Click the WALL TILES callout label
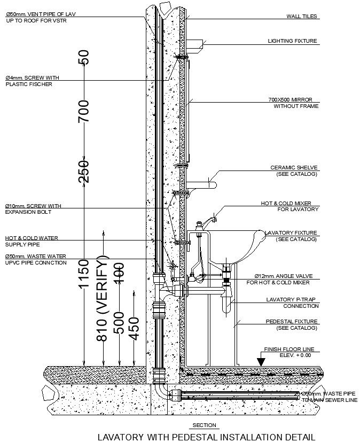pyautogui.click(x=302, y=17)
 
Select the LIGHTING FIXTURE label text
pyautogui.click(x=292, y=41)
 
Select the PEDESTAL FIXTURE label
pyautogui.click(x=292, y=324)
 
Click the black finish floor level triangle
pyautogui.click(x=261, y=361)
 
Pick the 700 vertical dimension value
pyautogui.click(x=83, y=111)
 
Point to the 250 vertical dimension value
pyautogui.click(x=83, y=171)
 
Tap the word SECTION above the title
pyautogui.click(x=205, y=425)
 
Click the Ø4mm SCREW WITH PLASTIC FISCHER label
pyautogui.click(x=32, y=81)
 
